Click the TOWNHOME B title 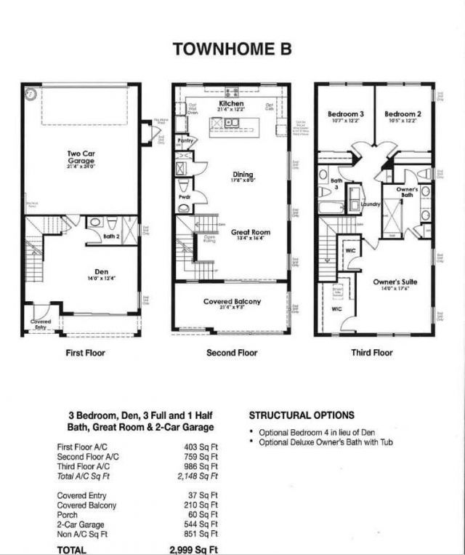[232, 49]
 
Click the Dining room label [243, 175]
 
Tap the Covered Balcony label [232, 301]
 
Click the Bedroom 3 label [345, 115]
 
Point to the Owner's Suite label [395, 282]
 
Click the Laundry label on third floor [371, 205]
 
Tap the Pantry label [185, 140]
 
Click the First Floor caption [85, 353]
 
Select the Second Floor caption [232, 353]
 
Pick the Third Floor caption [372, 353]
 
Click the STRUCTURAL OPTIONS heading [302, 415]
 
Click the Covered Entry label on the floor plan [40, 324]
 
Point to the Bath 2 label [111, 236]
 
